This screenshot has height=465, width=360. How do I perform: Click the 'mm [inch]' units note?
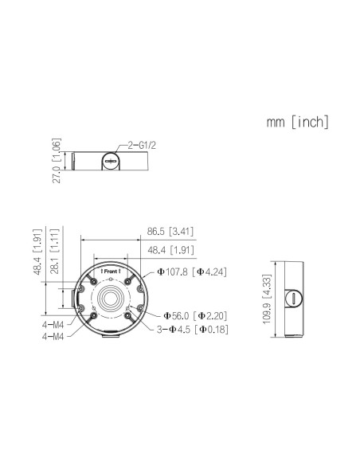[x=297, y=123]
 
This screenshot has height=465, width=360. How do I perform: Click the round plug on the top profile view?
[x=112, y=162]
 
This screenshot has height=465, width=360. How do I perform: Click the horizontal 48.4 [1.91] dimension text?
[x=171, y=250]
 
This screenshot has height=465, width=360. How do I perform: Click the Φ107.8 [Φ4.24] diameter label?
[x=192, y=272]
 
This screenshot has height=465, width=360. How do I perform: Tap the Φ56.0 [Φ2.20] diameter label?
[x=194, y=315]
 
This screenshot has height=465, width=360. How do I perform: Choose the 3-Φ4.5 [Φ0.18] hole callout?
[x=194, y=329]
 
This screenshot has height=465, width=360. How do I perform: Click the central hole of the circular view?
[x=111, y=303]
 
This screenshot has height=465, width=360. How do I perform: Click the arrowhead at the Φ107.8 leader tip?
[x=146, y=277]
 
